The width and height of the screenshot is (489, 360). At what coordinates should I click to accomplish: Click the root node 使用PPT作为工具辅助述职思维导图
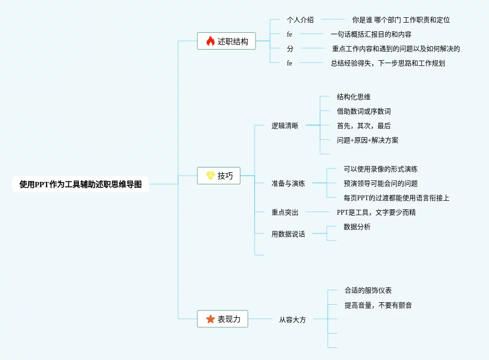80,184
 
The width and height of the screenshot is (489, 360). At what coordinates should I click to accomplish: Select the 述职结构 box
226,41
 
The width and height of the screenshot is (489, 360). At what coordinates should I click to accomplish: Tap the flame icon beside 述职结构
210,41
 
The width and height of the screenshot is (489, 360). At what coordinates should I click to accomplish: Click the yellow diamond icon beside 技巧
210,176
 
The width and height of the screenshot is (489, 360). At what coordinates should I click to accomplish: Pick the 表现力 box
222,319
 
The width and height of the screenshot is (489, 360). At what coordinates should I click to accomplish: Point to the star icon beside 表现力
210,319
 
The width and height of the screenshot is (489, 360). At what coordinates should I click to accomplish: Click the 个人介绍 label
300,20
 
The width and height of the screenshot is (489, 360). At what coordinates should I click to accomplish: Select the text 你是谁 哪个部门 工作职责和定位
401,20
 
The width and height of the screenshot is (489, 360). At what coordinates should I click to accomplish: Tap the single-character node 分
290,49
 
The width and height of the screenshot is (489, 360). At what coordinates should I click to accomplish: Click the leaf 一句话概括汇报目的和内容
371,34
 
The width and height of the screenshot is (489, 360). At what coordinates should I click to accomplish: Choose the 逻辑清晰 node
285,126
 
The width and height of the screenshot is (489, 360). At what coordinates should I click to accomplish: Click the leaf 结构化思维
354,97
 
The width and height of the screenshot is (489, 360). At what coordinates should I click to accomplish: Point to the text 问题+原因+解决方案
368,140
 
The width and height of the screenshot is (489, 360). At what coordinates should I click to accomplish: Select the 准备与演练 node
288,183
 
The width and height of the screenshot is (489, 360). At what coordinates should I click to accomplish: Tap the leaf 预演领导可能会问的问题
381,183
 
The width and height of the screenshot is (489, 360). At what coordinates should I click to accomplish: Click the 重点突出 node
285,212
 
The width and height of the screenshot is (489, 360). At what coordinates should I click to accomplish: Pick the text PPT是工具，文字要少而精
376,212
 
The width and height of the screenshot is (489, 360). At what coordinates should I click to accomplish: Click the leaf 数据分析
357,227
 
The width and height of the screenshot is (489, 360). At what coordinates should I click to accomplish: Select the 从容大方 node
293,319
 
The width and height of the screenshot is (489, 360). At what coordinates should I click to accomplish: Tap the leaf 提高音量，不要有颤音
378,305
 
